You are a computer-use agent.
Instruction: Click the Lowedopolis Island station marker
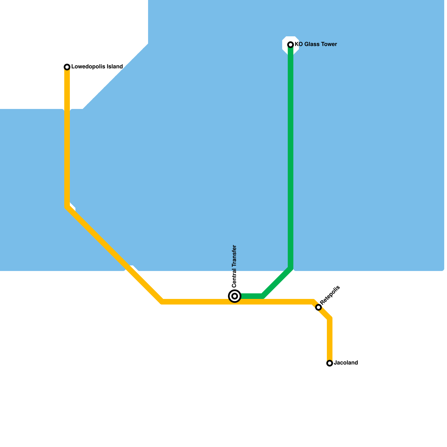pyautogui.click(x=67, y=67)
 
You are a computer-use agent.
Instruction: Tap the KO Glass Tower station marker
pyautogui.click(x=291, y=45)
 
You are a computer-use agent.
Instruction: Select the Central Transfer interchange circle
pyautogui.click(x=235, y=296)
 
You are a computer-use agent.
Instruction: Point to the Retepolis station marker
pyautogui.click(x=318, y=307)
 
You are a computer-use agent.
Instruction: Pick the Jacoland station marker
pyautogui.click(x=330, y=363)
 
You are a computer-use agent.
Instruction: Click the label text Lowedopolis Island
pyautogui.click(x=97, y=67)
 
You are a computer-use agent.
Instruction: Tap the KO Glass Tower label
pyautogui.click(x=316, y=44)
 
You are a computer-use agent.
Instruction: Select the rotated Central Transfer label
pyautogui.click(x=234, y=266)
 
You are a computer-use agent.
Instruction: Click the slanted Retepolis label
pyautogui.click(x=330, y=295)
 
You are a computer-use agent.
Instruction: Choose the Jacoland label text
pyautogui.click(x=346, y=363)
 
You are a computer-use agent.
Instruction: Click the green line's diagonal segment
pyautogui.click(x=277, y=282)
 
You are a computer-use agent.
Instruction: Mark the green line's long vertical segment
pyautogui.click(x=291, y=156)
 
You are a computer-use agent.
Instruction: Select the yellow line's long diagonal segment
pyautogui.click(x=115, y=254)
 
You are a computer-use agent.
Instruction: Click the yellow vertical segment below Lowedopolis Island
pyautogui.click(x=67, y=137)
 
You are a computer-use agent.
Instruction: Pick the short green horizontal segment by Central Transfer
pyautogui.click(x=251, y=296)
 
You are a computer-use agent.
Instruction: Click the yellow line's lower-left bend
pyautogui.click(x=162, y=301)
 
